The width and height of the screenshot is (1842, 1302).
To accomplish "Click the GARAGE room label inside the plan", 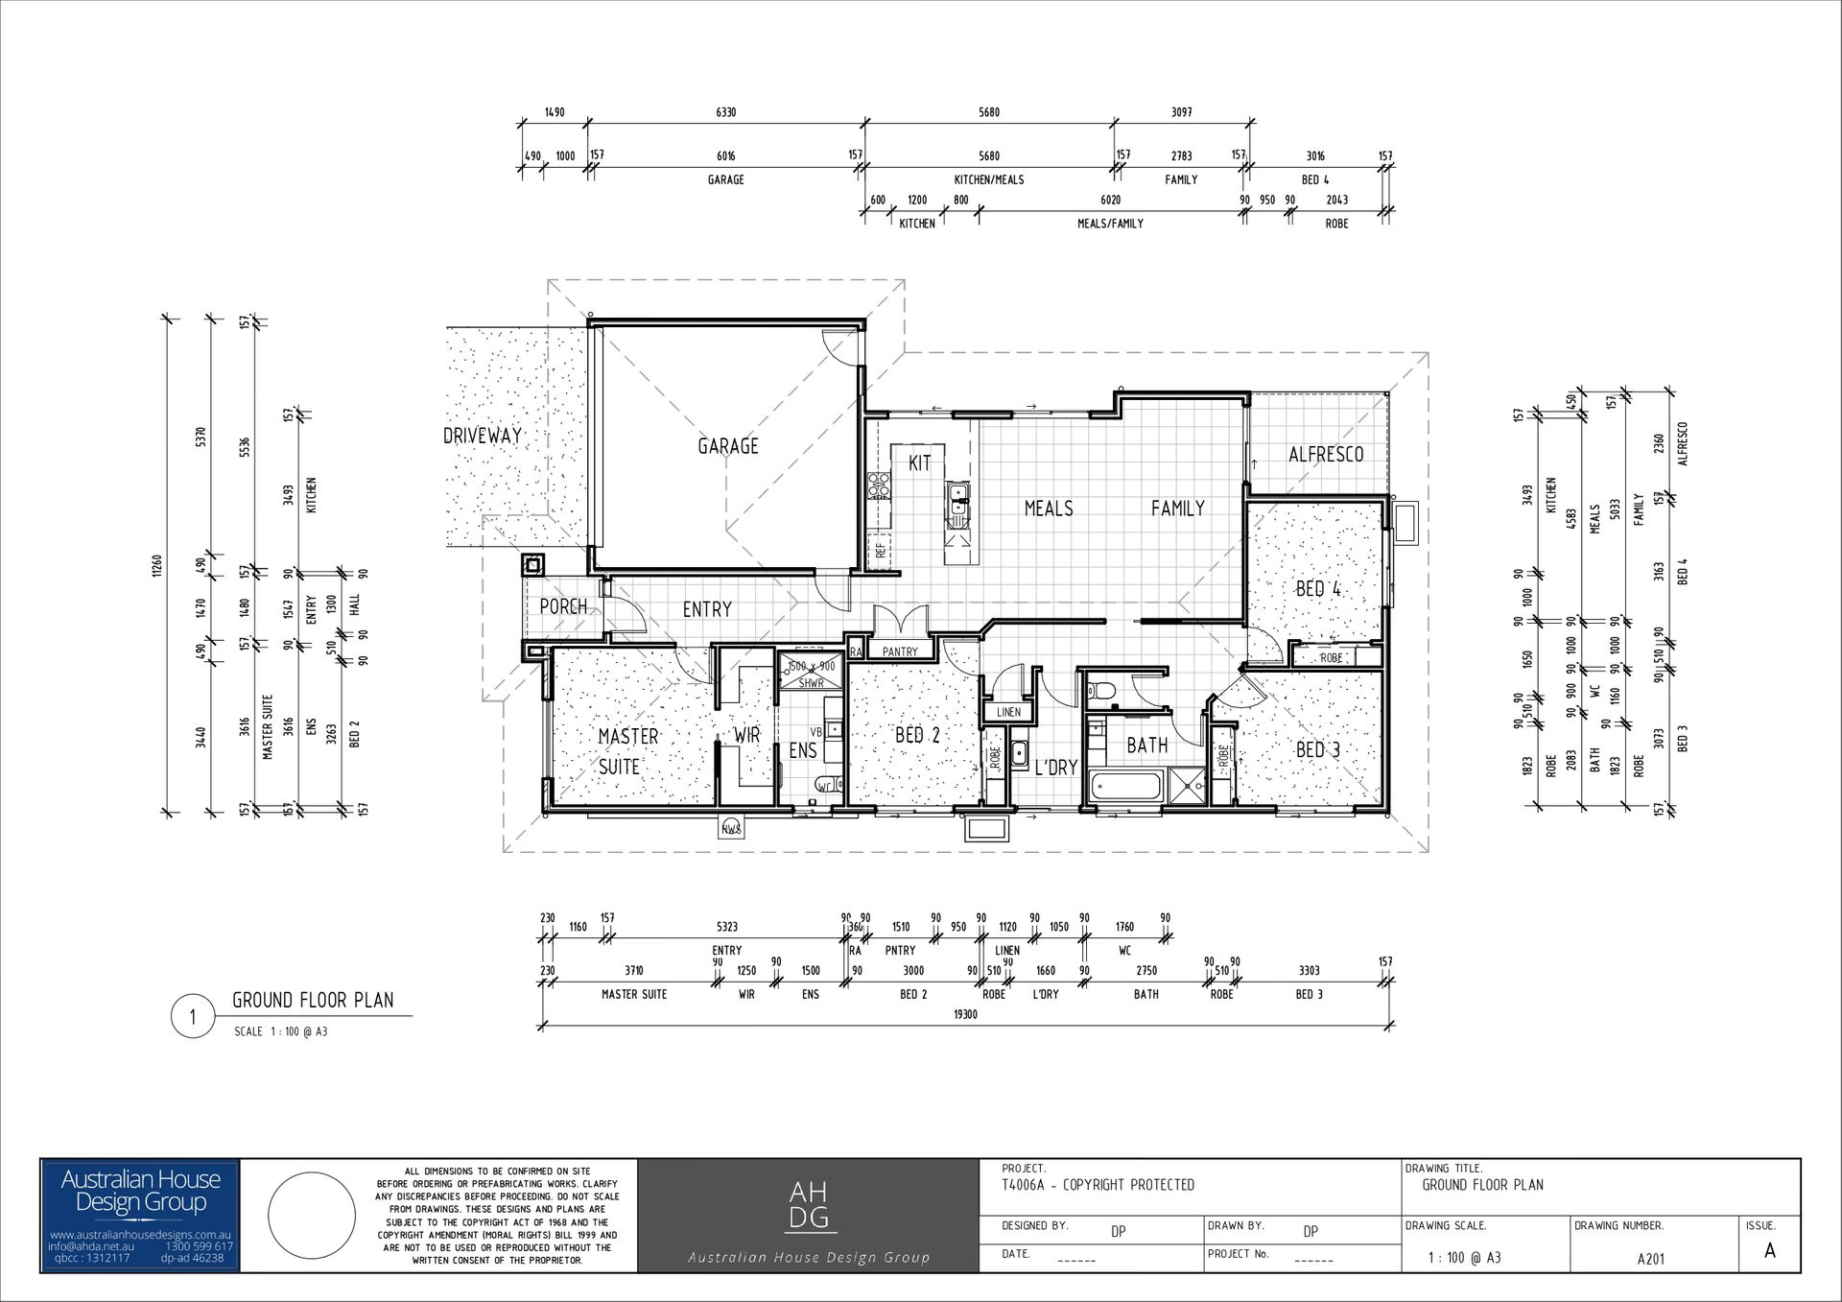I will (x=727, y=446).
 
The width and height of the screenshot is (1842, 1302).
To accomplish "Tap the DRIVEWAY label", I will (x=483, y=436).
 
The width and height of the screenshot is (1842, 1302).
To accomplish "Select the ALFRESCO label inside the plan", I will (x=1326, y=455).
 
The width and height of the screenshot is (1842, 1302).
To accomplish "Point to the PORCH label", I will (x=563, y=607).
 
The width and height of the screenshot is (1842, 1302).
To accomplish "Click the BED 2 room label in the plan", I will (x=917, y=736).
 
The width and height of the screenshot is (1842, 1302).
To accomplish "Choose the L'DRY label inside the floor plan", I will (x=1055, y=768).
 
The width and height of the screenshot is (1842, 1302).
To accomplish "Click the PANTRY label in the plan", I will (x=900, y=652).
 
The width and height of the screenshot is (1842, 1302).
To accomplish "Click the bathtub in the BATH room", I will (x=1124, y=789).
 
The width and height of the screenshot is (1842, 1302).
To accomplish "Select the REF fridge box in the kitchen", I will (x=880, y=551).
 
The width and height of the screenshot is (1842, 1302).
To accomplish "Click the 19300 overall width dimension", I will (x=965, y=1014).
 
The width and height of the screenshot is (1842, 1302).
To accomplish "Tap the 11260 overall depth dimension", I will (x=157, y=566).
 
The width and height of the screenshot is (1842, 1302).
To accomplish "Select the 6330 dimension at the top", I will (x=726, y=112).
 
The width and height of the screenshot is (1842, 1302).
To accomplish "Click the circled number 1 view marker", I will (x=194, y=1017).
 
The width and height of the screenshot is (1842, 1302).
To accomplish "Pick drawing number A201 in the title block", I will (x=1650, y=1259).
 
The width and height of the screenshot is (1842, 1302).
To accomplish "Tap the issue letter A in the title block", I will (x=1769, y=1251).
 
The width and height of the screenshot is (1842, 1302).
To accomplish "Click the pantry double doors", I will (x=900, y=619).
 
